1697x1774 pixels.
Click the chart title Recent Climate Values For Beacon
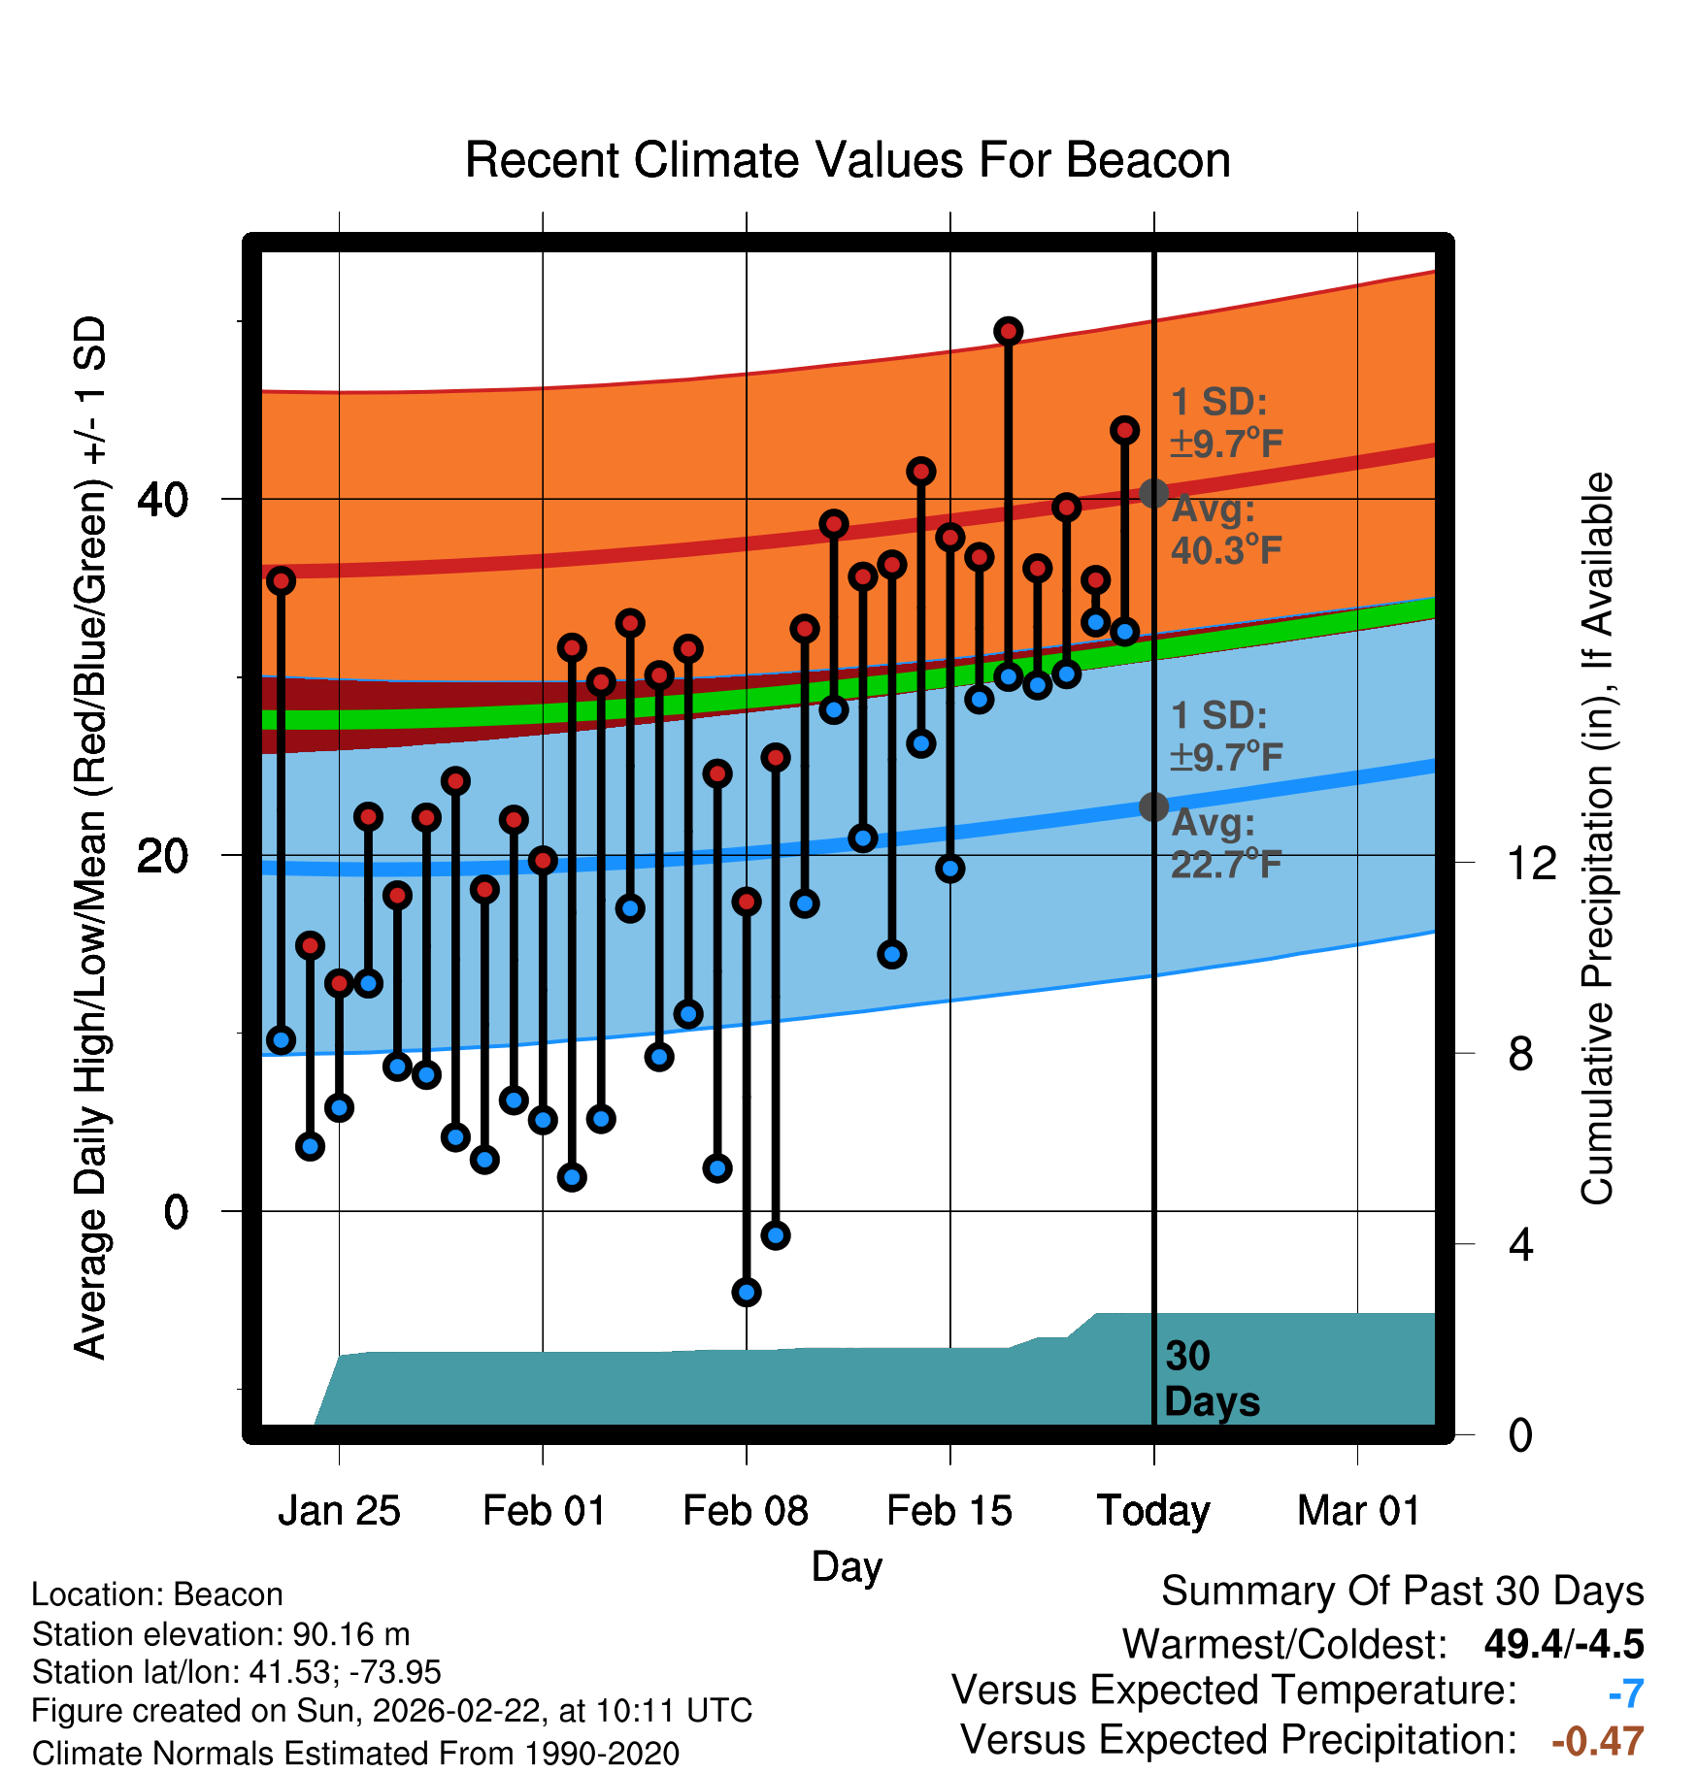tap(848, 160)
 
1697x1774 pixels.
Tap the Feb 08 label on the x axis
tap(746, 1511)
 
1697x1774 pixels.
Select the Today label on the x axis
tap(1153, 1511)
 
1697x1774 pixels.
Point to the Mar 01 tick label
tap(1358, 1511)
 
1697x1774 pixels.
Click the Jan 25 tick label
tap(339, 1511)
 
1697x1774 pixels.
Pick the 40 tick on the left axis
tap(162, 500)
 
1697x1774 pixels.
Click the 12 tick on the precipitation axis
tap(1532, 863)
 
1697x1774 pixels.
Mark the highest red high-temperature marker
tap(1008, 331)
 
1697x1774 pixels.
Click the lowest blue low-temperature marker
tap(747, 1292)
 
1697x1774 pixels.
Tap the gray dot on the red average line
tap(1153, 493)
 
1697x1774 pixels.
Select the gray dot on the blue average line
tap(1153, 806)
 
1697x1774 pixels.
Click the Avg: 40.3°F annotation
tap(1225, 530)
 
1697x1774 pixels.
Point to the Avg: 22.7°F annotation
tap(1225, 843)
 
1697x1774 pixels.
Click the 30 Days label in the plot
tap(1211, 1379)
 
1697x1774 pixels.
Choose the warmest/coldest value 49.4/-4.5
tap(1563, 1644)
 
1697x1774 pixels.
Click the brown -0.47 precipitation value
tap(1597, 1741)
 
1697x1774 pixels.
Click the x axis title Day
tap(847, 1566)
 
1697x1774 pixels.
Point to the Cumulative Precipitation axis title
tap(1597, 838)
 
